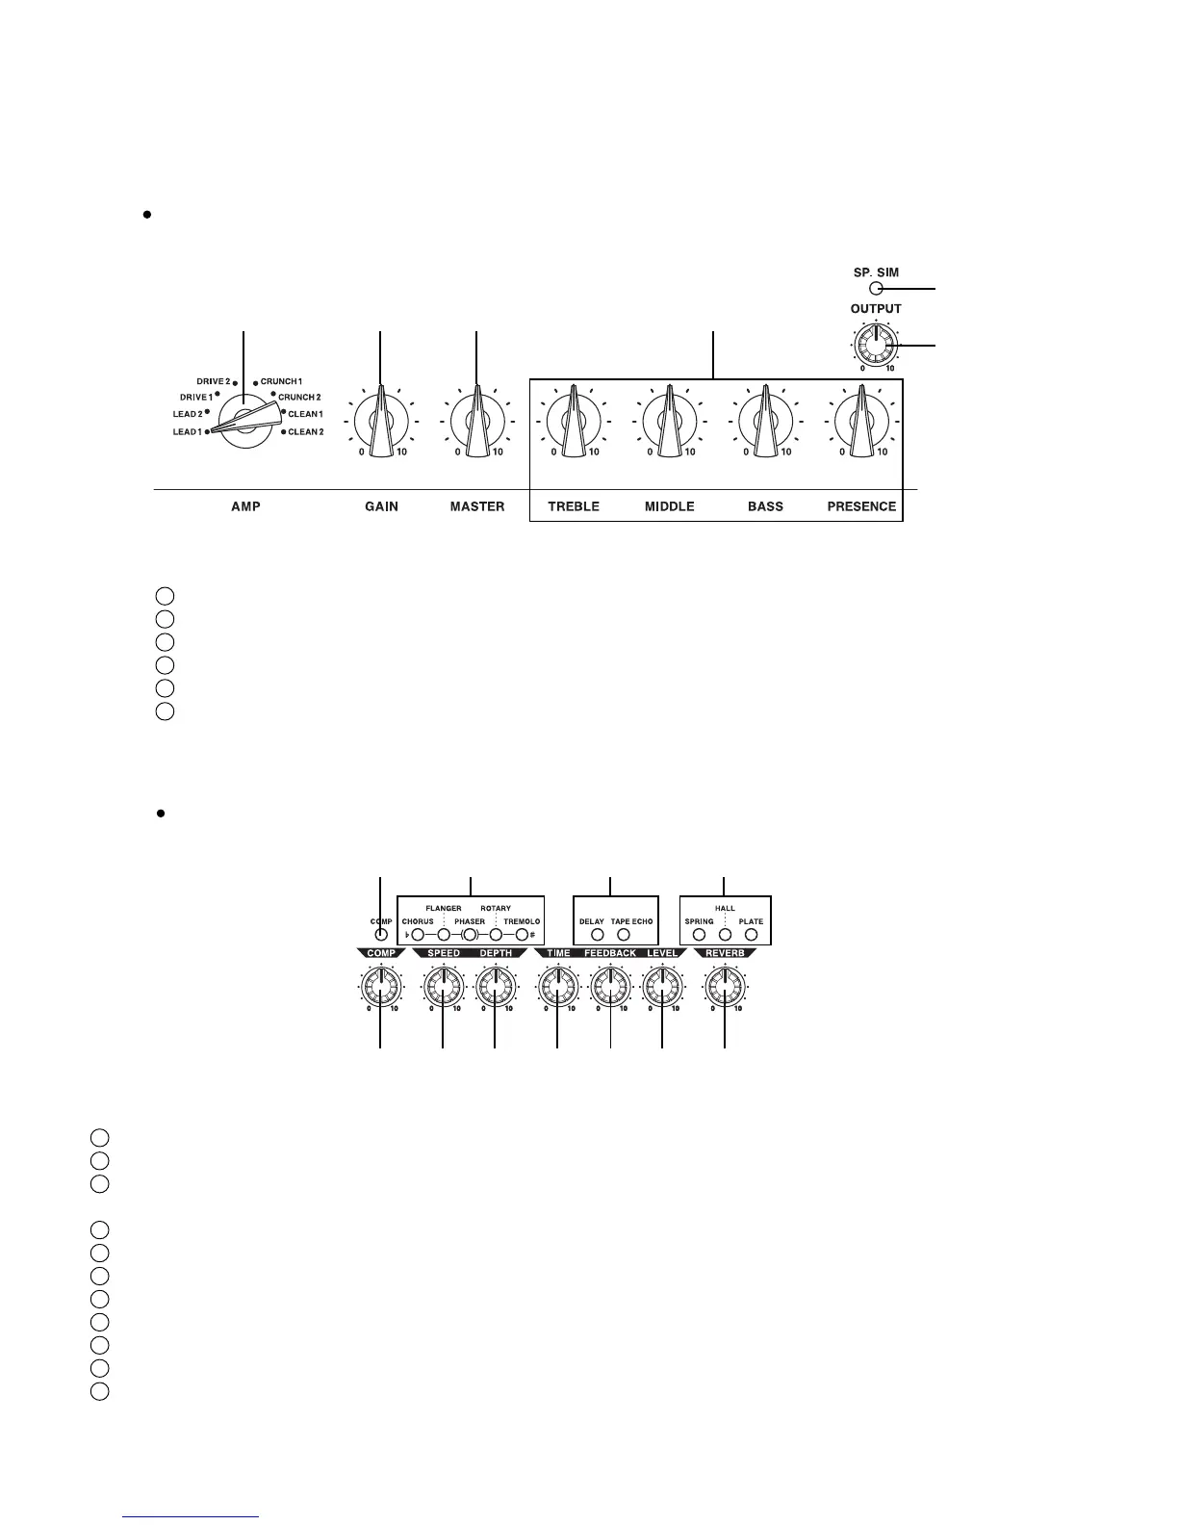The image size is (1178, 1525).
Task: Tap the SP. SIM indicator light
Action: tap(875, 288)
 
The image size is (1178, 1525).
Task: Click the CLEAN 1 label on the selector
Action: tap(305, 414)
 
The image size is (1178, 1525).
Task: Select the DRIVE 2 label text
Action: tap(213, 382)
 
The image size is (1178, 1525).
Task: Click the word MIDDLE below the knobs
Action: tap(669, 506)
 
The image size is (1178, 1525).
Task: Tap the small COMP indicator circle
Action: tap(381, 935)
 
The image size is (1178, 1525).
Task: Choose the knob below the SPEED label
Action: tap(443, 987)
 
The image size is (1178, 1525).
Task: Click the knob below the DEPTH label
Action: tap(496, 987)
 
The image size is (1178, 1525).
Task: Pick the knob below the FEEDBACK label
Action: tap(610, 987)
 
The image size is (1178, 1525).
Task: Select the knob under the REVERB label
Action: tap(725, 987)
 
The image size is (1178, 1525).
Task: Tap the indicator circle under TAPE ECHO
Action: tap(624, 935)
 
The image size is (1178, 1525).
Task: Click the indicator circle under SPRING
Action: tap(700, 935)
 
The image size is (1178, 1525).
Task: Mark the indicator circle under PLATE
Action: tap(752, 935)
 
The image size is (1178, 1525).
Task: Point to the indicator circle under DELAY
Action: tap(597, 935)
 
